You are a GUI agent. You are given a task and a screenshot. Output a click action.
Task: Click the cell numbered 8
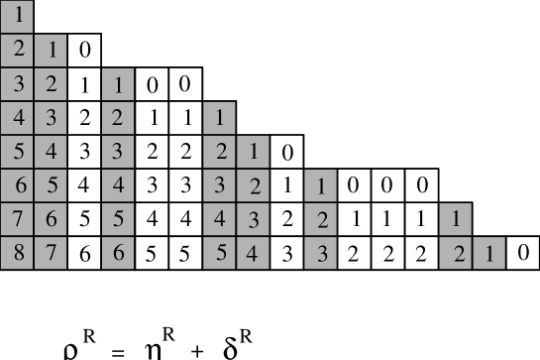click(x=18, y=252)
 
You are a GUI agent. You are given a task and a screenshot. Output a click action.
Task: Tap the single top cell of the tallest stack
click(x=18, y=16)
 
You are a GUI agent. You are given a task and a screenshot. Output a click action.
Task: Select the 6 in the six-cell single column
click(x=118, y=252)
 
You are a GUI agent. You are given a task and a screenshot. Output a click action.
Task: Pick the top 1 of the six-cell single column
click(x=118, y=84)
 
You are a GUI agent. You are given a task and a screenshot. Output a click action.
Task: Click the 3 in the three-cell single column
click(x=321, y=252)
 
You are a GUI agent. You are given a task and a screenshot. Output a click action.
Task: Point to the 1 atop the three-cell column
click(x=321, y=184)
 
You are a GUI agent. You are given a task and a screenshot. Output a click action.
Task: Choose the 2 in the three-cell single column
click(x=321, y=218)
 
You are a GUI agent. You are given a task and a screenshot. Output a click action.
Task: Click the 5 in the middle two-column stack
click(x=220, y=252)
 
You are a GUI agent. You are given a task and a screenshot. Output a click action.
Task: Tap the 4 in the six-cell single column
click(x=118, y=184)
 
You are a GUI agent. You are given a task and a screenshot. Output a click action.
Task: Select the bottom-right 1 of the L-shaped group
click(x=489, y=252)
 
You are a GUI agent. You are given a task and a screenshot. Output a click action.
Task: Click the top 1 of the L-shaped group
click(x=456, y=218)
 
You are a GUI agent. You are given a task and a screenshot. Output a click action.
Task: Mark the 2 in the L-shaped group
click(x=456, y=252)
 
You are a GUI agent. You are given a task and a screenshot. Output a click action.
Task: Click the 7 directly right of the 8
click(x=51, y=252)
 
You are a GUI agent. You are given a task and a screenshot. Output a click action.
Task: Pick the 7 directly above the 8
click(x=18, y=218)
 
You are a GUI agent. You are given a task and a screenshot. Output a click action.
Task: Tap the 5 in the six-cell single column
click(x=118, y=218)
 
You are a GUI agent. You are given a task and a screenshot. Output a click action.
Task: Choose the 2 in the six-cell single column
click(x=118, y=118)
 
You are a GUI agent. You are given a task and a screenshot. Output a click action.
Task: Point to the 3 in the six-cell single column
click(x=118, y=152)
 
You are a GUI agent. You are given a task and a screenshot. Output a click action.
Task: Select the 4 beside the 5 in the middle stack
click(x=253, y=252)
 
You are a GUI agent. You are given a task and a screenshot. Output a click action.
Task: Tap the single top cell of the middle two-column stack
click(x=220, y=118)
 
